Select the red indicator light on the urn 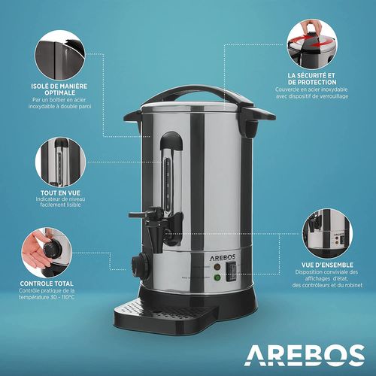click(216, 266)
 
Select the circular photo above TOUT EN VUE click(56, 156)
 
